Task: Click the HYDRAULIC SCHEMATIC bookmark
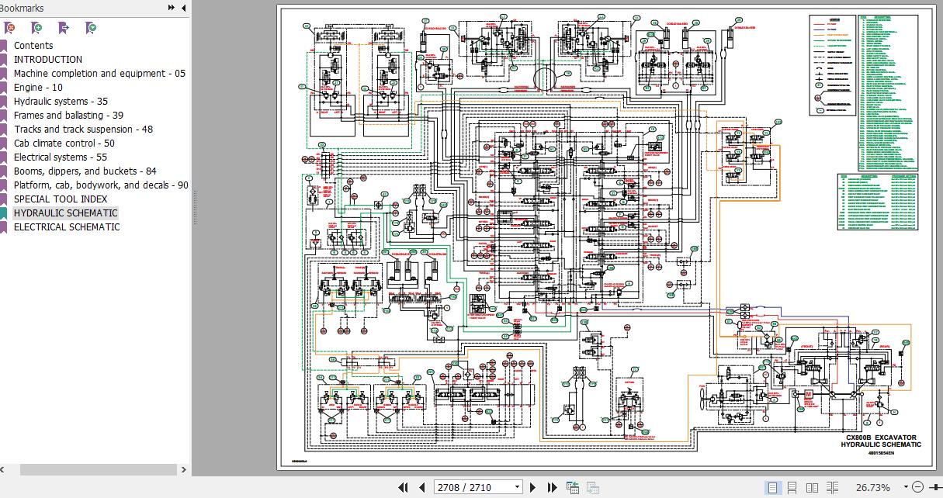(x=65, y=213)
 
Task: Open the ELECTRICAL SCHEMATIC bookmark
(x=67, y=227)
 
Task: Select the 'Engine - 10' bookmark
(x=38, y=88)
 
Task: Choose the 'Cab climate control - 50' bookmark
(x=64, y=144)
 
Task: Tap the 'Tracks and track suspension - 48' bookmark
(x=83, y=130)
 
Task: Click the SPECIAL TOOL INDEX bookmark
(x=61, y=199)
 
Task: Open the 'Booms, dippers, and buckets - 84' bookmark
(x=85, y=171)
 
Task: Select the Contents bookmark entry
(x=33, y=46)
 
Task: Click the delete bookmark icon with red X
(x=9, y=28)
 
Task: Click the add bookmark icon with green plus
(x=36, y=28)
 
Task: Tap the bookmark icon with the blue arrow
(x=64, y=28)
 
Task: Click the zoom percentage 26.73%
(x=872, y=488)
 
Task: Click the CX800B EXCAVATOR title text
(x=881, y=437)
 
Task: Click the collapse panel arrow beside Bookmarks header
(x=184, y=8)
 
